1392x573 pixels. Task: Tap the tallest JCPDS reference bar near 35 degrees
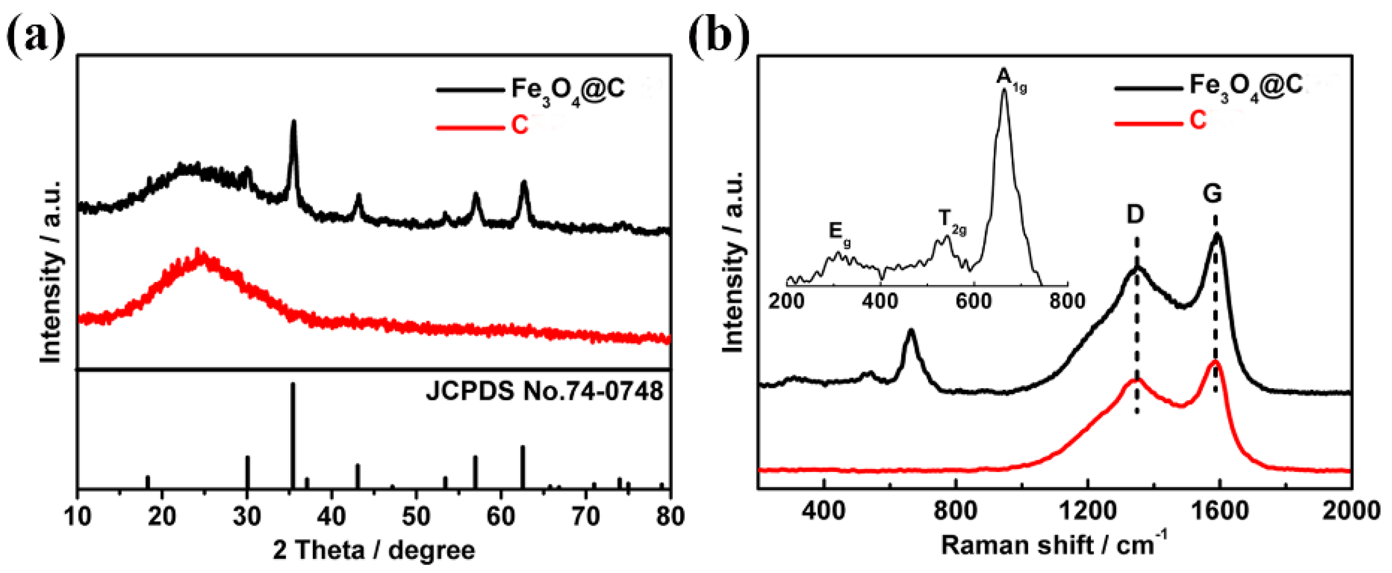point(293,432)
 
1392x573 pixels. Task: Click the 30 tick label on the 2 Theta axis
point(247,517)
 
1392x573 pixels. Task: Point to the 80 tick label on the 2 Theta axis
point(669,517)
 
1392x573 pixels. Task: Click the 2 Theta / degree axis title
point(374,550)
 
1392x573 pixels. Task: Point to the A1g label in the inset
point(1010,80)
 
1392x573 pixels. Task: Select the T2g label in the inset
point(952,221)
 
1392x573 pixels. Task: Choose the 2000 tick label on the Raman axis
point(1351,512)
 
